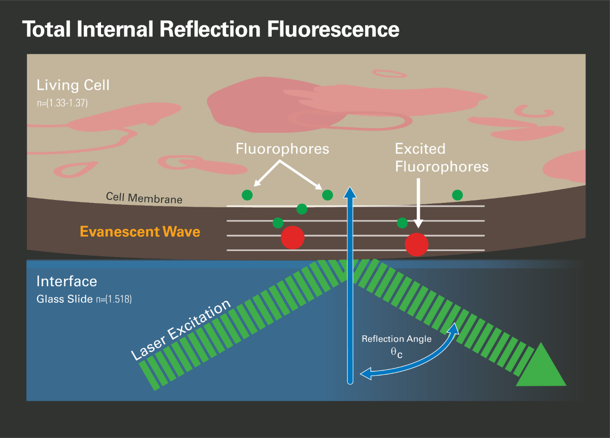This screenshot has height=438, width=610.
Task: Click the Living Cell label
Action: pyautogui.click(x=73, y=85)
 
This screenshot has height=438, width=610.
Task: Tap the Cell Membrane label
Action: pyautogui.click(x=144, y=198)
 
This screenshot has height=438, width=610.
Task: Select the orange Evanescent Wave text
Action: pyautogui.click(x=140, y=232)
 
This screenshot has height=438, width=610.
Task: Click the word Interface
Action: pyautogui.click(x=67, y=281)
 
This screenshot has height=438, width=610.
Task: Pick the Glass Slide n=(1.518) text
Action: pyautogui.click(x=84, y=300)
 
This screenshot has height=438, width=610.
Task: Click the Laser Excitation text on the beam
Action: pyautogui.click(x=181, y=330)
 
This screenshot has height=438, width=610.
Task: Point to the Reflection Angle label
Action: pyautogui.click(x=396, y=339)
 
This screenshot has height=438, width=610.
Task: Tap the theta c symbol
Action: pyautogui.click(x=396, y=352)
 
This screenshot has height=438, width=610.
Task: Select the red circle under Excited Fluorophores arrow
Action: pyautogui.click(x=417, y=244)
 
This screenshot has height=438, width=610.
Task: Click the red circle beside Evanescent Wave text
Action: pyautogui.click(x=292, y=237)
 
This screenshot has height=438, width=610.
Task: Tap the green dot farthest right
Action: pyautogui.click(x=457, y=195)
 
